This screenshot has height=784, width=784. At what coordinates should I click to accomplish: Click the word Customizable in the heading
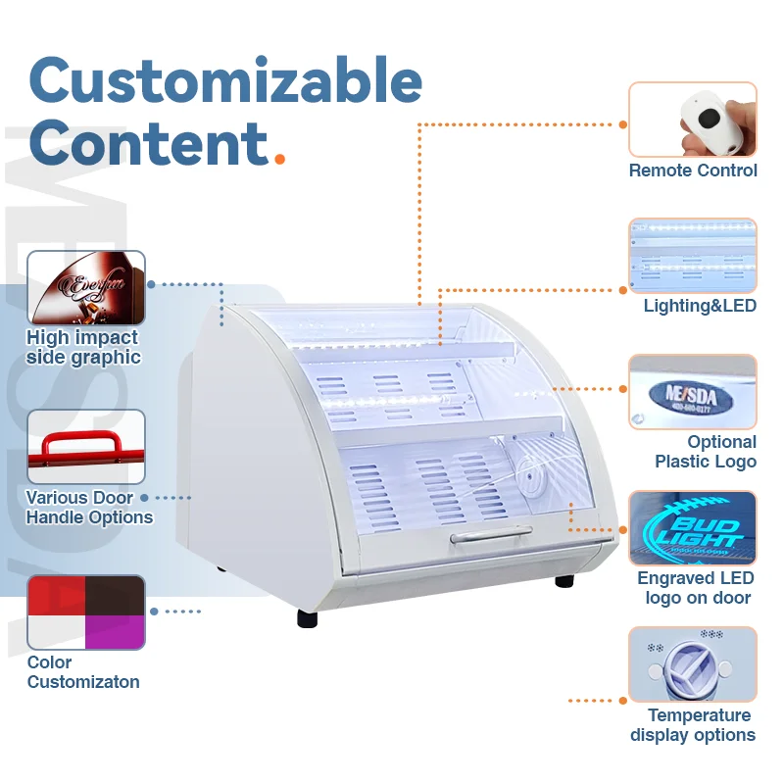tap(225, 82)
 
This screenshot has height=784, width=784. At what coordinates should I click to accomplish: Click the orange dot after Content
tap(280, 157)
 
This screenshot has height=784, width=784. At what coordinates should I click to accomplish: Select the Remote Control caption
tap(693, 171)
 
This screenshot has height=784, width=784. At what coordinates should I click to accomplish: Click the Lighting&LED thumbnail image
tap(693, 255)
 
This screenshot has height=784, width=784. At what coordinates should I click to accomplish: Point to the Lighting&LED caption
tap(700, 306)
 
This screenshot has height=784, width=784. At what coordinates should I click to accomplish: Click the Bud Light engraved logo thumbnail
tap(693, 527)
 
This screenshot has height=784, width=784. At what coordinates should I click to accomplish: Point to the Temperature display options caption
tap(693, 725)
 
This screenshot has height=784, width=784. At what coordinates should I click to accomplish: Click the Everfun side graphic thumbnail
tap(86, 287)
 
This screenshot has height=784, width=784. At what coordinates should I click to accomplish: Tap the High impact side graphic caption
tap(82, 348)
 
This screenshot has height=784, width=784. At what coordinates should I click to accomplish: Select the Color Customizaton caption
tap(82, 672)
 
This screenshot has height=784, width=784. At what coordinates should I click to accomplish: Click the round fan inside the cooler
tap(534, 479)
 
